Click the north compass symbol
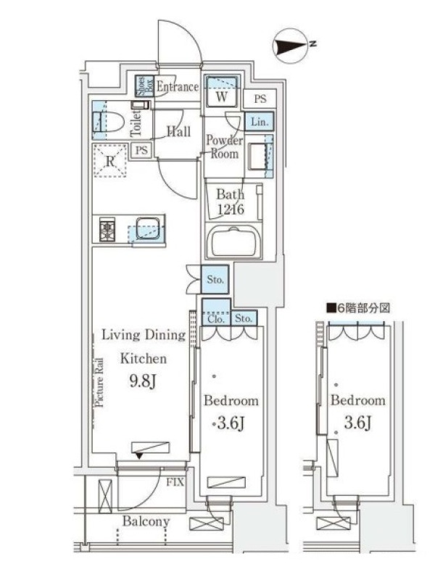pos(291,46)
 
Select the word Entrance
pos(177,87)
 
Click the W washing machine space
pos(222,91)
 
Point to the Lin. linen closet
pos(260,121)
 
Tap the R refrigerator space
pos(109,161)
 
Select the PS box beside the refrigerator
pos(141,151)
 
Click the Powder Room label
pos(224,146)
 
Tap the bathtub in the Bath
pos(233,241)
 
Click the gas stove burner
pos(107,230)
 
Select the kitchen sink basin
pos(148,228)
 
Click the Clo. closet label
pos(216,319)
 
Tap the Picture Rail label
pos(99,383)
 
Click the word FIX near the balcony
pos(175,482)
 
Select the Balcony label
pos(146,521)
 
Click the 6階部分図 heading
pos(358,307)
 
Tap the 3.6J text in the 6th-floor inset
pos(357,422)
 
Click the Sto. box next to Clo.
pos(244,318)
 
